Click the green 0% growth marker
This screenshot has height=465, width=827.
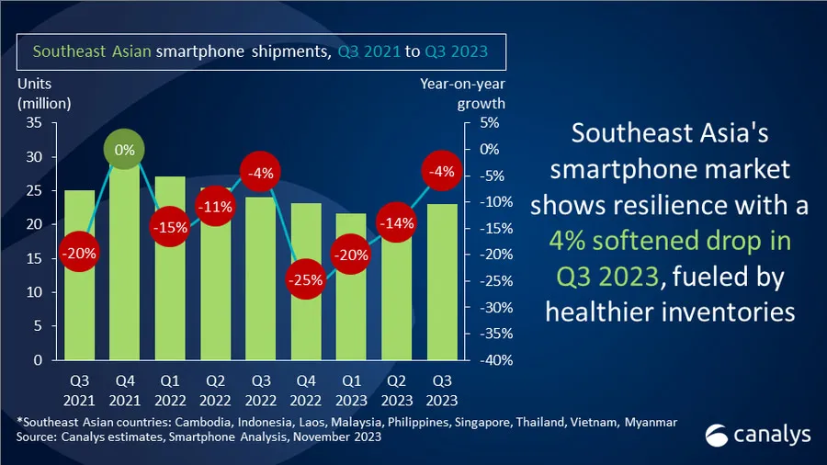click(x=124, y=149)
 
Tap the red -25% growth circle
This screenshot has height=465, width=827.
click(x=305, y=280)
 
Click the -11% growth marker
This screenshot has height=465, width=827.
click(x=215, y=207)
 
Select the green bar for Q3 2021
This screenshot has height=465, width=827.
click(x=79, y=276)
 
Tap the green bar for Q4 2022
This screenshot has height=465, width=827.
click(x=305, y=322)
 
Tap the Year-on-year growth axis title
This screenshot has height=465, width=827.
click(x=463, y=93)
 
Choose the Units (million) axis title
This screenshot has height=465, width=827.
click(x=44, y=93)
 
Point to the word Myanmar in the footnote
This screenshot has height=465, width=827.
click(x=651, y=422)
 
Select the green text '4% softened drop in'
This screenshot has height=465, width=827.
click(x=669, y=240)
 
